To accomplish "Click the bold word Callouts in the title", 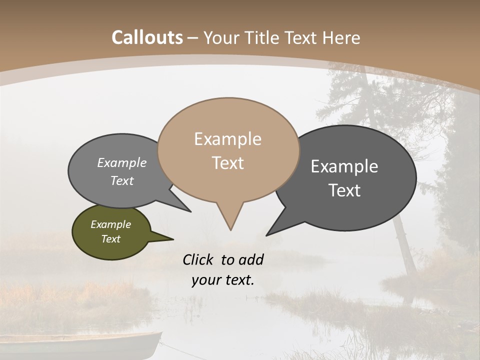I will click(147, 37).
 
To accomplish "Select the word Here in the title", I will click(341, 37).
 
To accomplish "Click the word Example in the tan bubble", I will click(227, 139).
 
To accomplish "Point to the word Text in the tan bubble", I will click(227, 163).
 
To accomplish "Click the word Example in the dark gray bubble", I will click(344, 166).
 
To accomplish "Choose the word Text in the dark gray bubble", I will click(344, 190).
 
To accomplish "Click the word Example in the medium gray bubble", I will click(122, 162).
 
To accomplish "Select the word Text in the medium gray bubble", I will click(122, 180).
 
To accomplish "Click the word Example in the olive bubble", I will click(110, 224).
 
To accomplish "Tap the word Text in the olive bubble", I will click(110, 239).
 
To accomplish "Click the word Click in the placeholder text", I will click(199, 259).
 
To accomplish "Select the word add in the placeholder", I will click(250, 259).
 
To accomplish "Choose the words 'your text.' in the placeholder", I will click(223, 280).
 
